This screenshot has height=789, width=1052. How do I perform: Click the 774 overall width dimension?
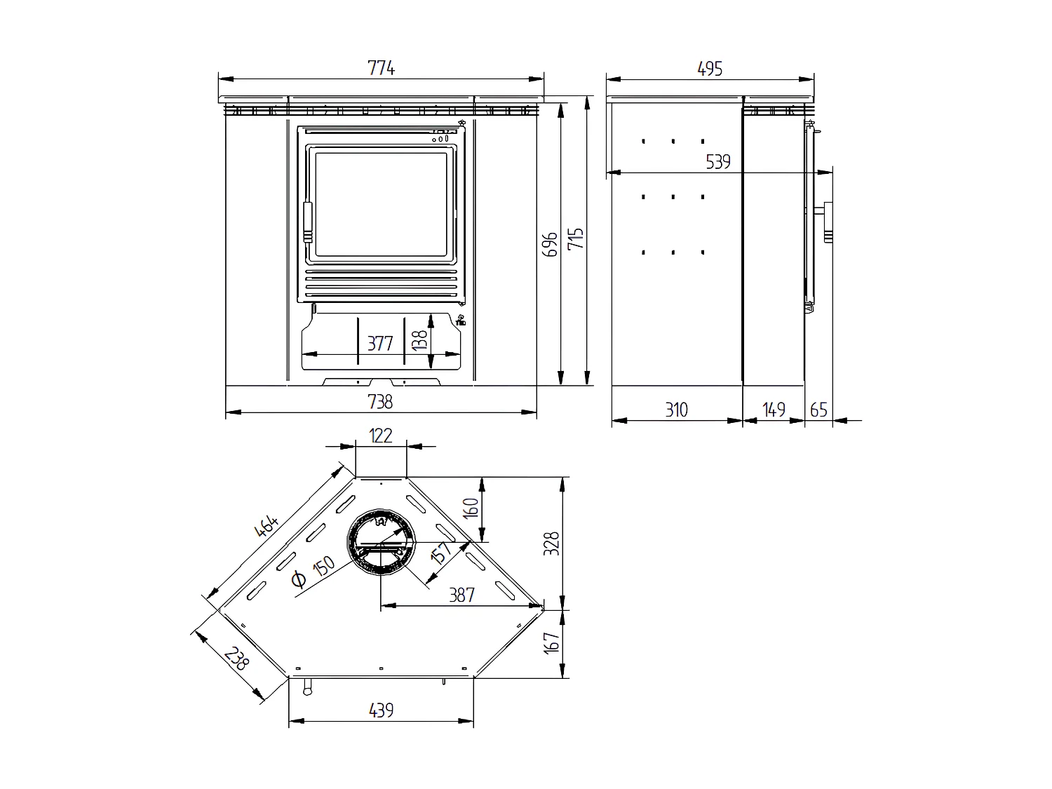click(381, 68)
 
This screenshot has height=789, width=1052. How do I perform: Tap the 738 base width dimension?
click(380, 401)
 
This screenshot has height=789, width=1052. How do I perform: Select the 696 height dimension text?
click(551, 243)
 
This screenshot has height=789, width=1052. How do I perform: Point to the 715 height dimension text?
click(576, 240)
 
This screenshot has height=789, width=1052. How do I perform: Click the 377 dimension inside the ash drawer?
click(380, 344)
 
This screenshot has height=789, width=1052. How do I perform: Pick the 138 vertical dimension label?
click(420, 340)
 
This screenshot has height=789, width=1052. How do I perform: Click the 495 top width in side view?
click(709, 68)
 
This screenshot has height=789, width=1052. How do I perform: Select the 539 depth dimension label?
click(717, 162)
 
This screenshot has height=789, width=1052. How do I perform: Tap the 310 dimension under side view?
click(676, 410)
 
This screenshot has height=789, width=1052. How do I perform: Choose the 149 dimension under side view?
click(773, 410)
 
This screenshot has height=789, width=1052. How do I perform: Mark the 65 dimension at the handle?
click(818, 410)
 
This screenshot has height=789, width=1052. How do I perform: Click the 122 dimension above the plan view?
click(380, 436)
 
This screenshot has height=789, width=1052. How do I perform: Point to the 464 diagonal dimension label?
click(267, 527)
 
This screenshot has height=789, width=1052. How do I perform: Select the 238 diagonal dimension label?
click(236, 657)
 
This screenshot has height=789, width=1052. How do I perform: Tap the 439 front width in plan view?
click(380, 710)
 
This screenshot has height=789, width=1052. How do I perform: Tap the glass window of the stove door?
click(381, 204)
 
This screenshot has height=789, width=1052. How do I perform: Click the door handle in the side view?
click(828, 221)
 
